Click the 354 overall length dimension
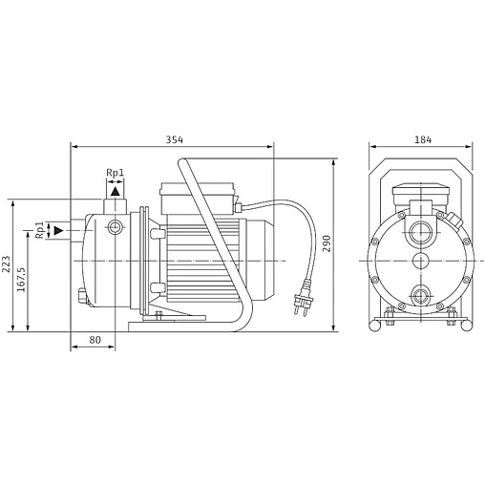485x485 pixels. coord(174,139)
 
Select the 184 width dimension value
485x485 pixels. coord(421,139)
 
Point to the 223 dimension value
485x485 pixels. coord(6,263)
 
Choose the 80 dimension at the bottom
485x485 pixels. coord(95,339)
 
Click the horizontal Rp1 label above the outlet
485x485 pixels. coord(115,173)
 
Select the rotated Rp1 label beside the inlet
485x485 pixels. coord(39,231)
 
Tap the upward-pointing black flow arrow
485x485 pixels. coord(115,191)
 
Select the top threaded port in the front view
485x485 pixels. coord(421,230)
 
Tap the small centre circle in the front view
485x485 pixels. coord(421,262)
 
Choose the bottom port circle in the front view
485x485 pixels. coord(421,294)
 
